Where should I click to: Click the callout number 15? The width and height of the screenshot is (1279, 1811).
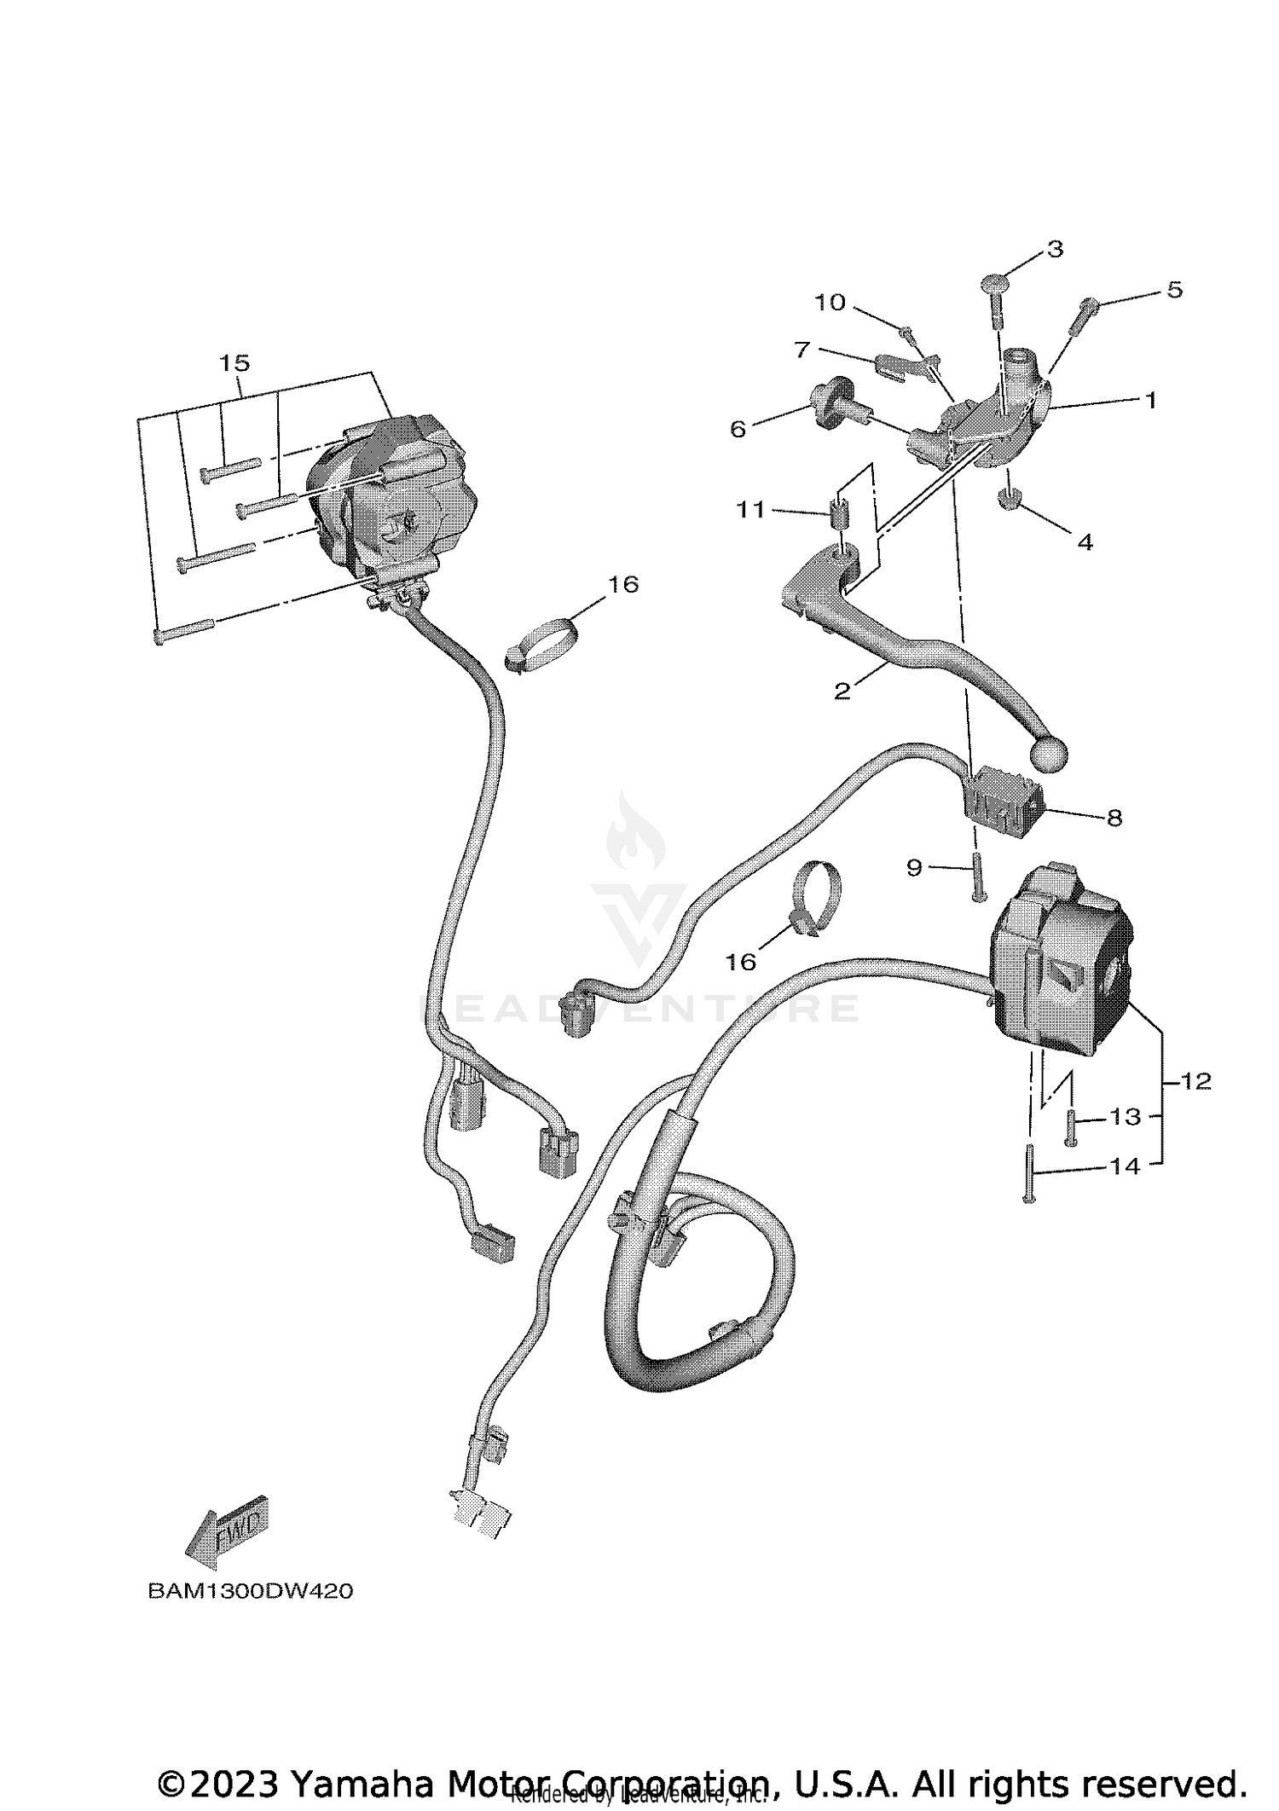[x=234, y=363]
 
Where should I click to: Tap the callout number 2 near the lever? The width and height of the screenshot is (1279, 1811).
[x=842, y=691]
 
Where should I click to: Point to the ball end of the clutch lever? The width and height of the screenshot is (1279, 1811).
[x=1049, y=751]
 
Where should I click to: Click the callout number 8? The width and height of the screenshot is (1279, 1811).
[x=1114, y=818]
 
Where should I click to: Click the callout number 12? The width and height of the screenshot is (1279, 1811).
[x=1196, y=1081]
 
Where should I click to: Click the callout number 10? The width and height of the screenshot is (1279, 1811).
[x=830, y=302]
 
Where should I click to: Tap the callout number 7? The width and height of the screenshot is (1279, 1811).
[x=801, y=350]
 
